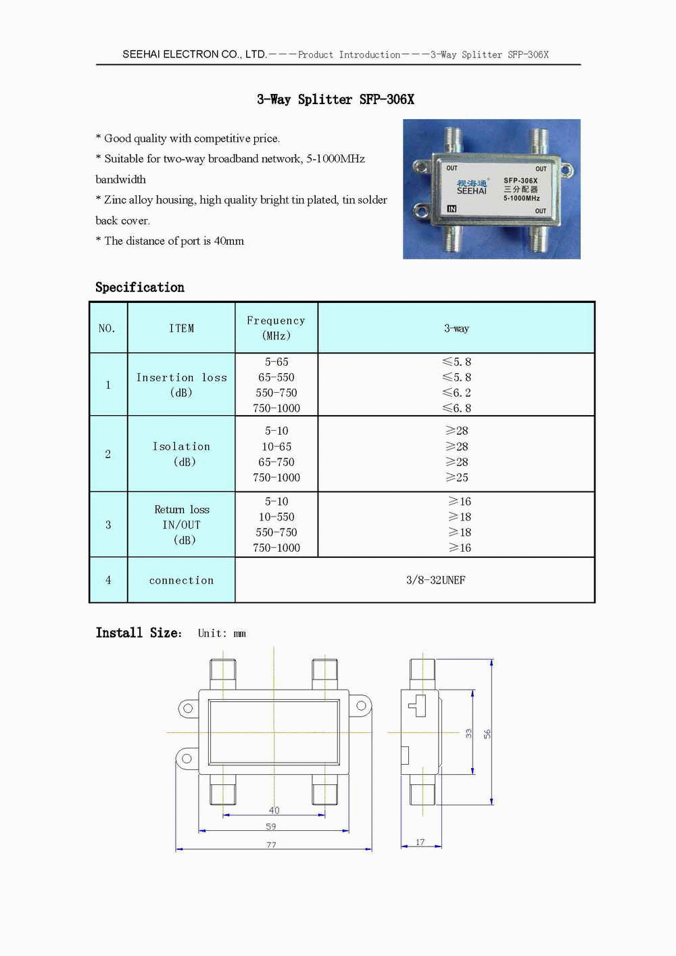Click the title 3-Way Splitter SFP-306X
335,99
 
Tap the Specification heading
140,287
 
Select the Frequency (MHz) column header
276,328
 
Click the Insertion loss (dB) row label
181,385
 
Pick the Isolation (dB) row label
181,454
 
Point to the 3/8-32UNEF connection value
435,580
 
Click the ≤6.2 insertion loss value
457,393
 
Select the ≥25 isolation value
457,477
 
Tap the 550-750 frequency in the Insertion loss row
276,393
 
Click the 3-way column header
456,329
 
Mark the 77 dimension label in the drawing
271,845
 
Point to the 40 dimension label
274,810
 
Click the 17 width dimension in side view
420,842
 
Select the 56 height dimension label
487,734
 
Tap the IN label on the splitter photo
452,209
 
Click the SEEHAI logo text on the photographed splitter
471,191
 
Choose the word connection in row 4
181,580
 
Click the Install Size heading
139,633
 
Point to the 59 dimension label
271,826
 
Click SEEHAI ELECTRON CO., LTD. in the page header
195,54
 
